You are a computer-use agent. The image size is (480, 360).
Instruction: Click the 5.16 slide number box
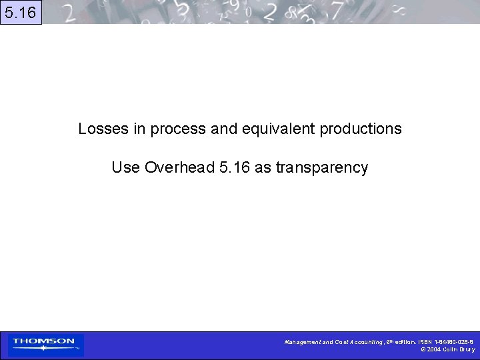pos(21,12)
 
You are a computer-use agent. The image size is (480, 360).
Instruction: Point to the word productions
pos(361,129)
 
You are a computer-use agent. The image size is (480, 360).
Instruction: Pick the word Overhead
pos(179,167)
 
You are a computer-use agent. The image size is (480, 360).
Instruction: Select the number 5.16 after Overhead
pos(234,167)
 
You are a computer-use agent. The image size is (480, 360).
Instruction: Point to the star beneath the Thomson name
pos(44,348)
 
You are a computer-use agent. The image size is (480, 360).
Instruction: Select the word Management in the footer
pos(302,342)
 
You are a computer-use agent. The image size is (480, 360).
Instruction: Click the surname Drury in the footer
pos(467,349)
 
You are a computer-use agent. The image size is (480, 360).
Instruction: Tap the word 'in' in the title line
pos(140,129)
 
